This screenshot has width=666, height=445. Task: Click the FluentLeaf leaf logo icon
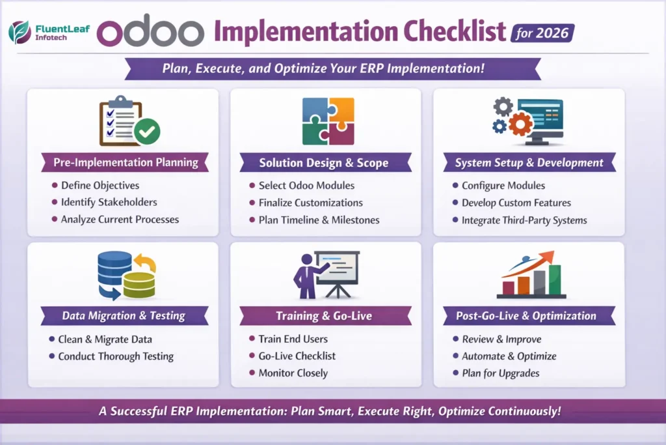pyautogui.click(x=20, y=31)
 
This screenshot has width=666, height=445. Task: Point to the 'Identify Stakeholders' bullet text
pyautogui.click(x=109, y=202)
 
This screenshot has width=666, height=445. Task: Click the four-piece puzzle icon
pyautogui.click(x=328, y=121)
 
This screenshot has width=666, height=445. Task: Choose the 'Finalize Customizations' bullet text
pyautogui.click(x=310, y=203)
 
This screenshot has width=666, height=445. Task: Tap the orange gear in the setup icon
pyautogui.click(x=520, y=123)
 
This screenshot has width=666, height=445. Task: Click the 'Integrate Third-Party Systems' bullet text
pyautogui.click(x=524, y=220)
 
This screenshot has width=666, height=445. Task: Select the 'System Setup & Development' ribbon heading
pyautogui.click(x=529, y=163)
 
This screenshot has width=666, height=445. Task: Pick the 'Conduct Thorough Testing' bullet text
pyautogui.click(x=116, y=356)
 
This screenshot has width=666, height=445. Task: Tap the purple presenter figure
pyautogui.click(x=303, y=274)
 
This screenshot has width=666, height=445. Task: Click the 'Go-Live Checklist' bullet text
pyautogui.click(x=297, y=356)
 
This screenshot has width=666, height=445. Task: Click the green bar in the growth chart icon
pyautogui.click(x=553, y=279)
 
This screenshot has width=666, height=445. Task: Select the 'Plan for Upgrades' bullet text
pyautogui.click(x=500, y=373)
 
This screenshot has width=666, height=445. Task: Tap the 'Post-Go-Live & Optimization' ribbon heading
pyautogui.click(x=529, y=316)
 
